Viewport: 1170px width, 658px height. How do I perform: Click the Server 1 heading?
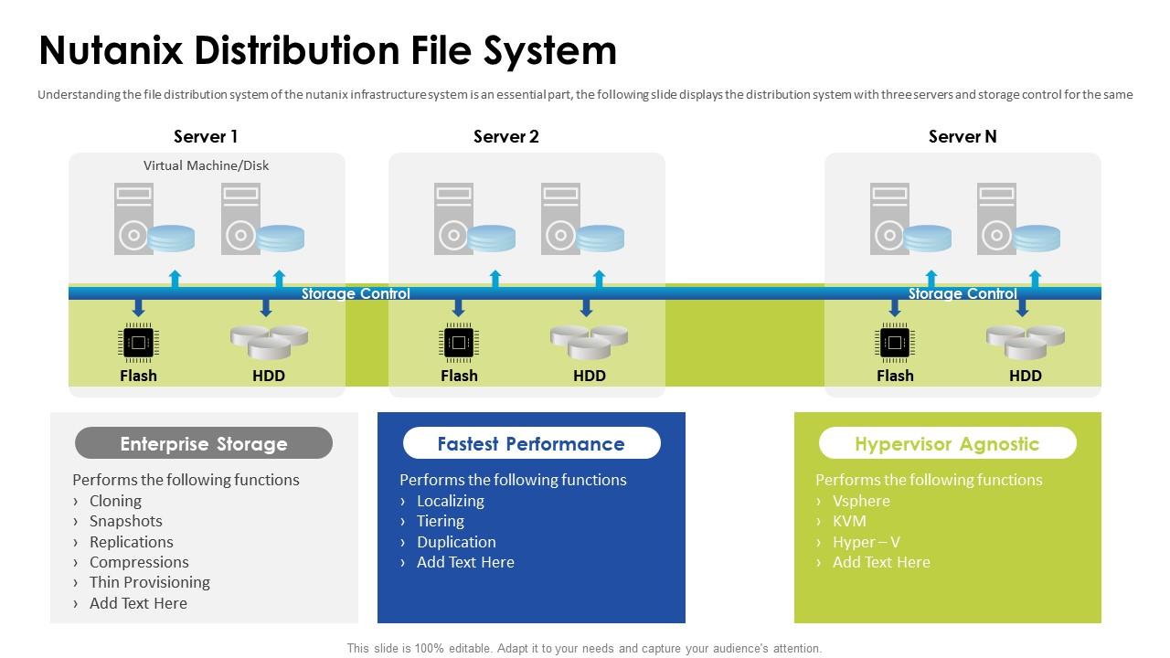[x=206, y=136]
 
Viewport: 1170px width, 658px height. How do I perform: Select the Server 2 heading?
[x=505, y=136]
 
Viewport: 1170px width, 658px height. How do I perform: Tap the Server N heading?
[x=962, y=136]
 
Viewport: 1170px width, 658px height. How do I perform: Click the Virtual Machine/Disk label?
[x=206, y=165]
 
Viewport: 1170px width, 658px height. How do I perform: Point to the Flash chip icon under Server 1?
[x=138, y=343]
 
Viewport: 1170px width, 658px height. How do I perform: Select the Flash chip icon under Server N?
[x=894, y=343]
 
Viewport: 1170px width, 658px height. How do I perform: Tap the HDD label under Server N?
[x=1025, y=376]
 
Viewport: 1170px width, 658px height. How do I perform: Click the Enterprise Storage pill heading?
[x=203, y=444]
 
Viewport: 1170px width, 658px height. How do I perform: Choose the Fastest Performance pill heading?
[x=531, y=444]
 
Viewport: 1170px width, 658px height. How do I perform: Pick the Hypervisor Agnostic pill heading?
[x=947, y=444]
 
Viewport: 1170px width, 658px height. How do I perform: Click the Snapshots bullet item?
[x=125, y=521]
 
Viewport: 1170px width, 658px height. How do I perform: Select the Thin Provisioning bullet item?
[x=149, y=582]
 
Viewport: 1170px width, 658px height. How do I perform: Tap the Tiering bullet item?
[x=440, y=521]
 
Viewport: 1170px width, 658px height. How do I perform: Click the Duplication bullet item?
[x=456, y=542]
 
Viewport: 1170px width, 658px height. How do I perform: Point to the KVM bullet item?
[x=849, y=521]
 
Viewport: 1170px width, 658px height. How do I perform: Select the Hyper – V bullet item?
[x=866, y=542]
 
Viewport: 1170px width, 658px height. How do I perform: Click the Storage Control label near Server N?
[x=962, y=293]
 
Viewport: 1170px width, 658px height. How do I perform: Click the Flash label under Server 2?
[x=459, y=376]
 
